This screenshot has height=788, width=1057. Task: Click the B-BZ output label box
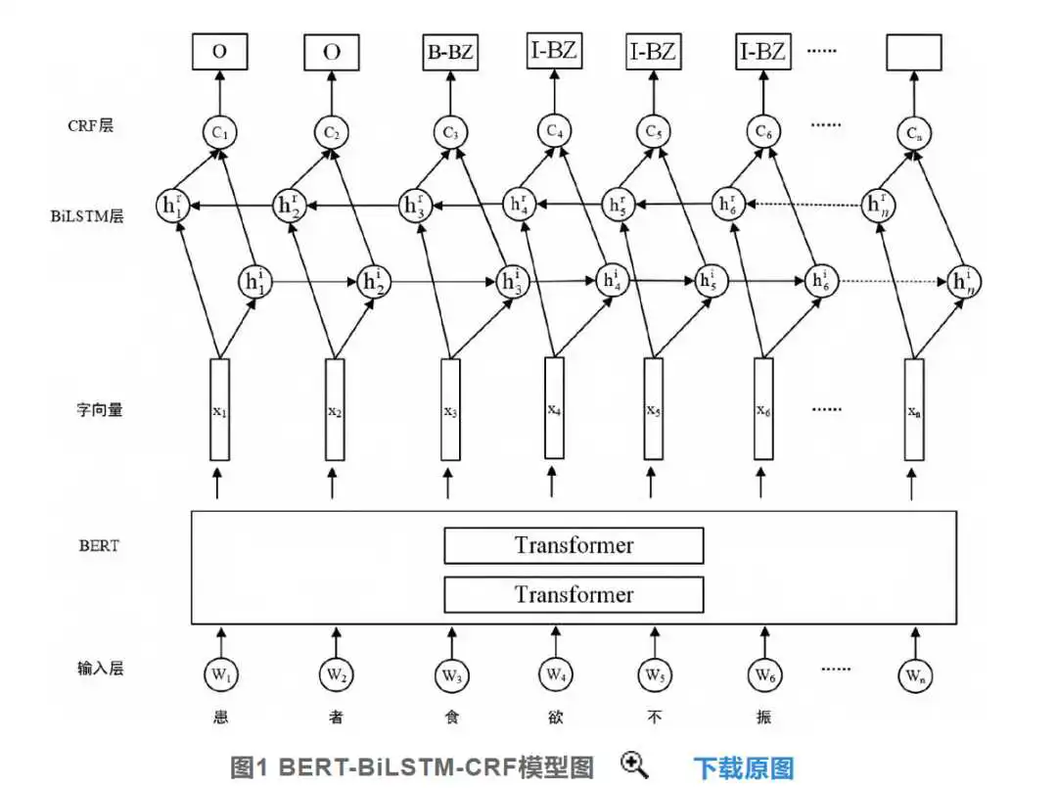coord(450,52)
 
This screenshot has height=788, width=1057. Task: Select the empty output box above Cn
coord(913,52)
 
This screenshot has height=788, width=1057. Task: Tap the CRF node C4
coord(554,131)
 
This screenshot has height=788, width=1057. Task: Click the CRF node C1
coord(220,132)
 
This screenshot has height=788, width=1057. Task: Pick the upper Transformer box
coord(574,545)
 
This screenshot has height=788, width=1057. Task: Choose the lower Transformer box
coord(574,594)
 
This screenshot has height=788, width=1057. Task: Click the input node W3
coord(451,674)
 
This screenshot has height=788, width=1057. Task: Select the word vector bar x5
coord(653,408)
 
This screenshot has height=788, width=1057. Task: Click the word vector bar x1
coord(220,409)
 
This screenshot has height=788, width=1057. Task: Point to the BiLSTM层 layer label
coord(87,215)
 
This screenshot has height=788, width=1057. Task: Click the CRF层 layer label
coord(90,125)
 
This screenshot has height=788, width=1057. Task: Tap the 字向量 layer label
coord(99,409)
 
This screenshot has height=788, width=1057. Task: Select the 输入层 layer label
coord(100,668)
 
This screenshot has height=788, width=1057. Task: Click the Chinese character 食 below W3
coord(451,717)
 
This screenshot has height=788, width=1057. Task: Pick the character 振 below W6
coord(763,717)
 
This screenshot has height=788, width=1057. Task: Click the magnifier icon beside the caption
coord(634,765)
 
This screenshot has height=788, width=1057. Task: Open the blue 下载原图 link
coord(744,767)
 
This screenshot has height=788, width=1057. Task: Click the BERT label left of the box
coord(99,545)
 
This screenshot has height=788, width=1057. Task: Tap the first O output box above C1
coord(220,51)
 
